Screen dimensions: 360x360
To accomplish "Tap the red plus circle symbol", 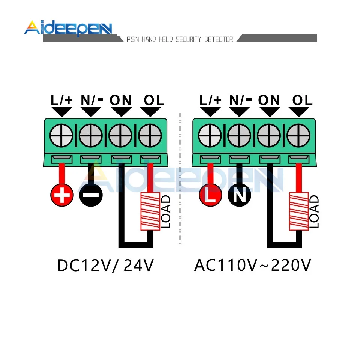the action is click(61, 195).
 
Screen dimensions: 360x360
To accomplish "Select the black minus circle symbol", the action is click(90, 195).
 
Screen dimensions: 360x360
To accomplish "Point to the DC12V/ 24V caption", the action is click(106, 266).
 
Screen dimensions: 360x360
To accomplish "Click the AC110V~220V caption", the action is click(253, 266).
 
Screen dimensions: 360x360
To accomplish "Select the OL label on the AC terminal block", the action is click(302, 100).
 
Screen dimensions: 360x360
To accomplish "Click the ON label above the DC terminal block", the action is click(120, 100).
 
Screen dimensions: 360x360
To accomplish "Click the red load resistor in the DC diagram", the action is click(150, 212).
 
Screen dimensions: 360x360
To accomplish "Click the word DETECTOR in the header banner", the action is click(219, 39).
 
